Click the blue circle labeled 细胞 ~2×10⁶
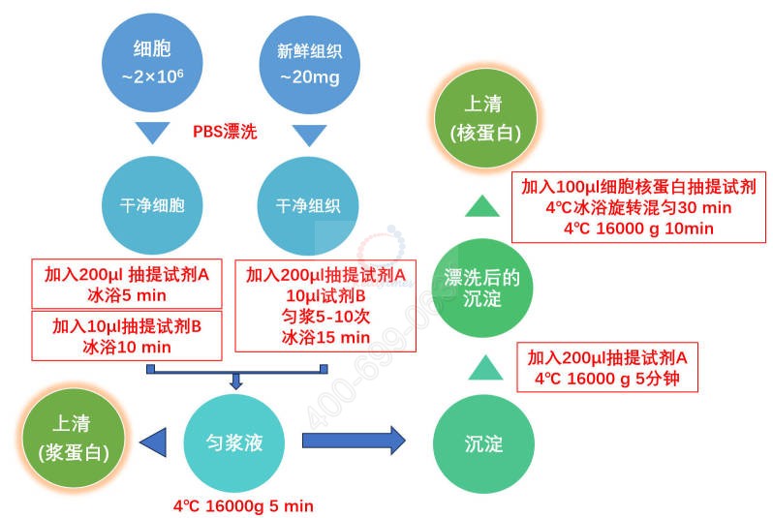pos(151,59)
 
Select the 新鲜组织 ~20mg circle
pos(302,59)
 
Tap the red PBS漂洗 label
pos(226,131)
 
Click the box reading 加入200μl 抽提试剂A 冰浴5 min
pos(127,283)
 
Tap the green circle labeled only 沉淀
pos(483,444)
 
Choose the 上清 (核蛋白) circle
pos(481,117)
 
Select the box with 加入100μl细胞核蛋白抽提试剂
pos(638,206)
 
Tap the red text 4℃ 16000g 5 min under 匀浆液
pos(243,505)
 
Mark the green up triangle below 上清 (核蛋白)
pos(480,204)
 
